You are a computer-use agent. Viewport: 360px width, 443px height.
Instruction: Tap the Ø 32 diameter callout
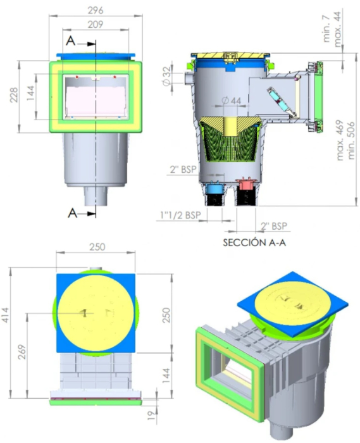(x=166, y=77)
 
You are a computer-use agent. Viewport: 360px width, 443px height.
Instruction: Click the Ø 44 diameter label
(x=232, y=101)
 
